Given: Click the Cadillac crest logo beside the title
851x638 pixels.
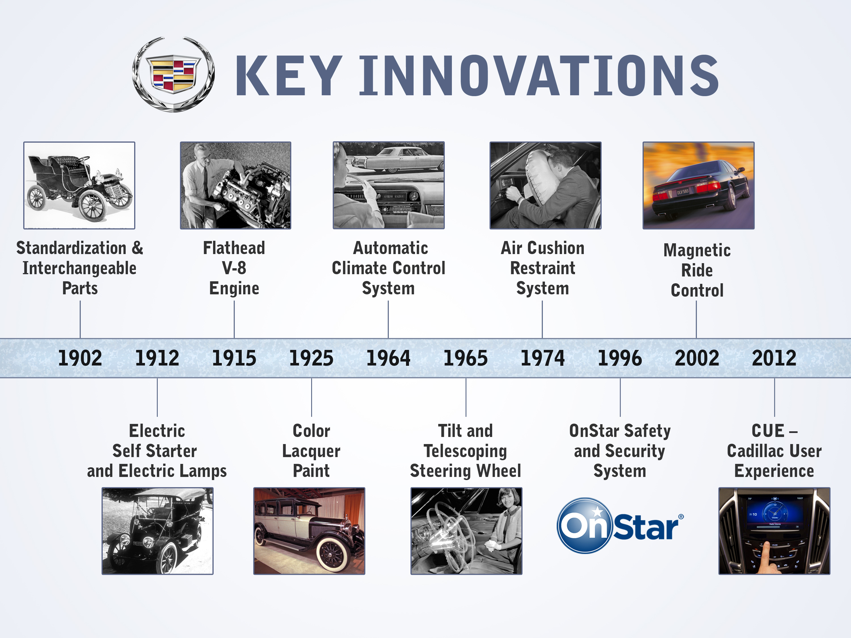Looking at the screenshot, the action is point(174,74).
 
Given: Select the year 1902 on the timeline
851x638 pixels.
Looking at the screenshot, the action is point(80,358).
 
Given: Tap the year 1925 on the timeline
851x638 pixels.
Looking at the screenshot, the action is point(311,358).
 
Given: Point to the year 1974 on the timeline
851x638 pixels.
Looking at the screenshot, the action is point(542,358).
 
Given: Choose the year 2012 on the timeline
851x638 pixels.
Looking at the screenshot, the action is point(774,358).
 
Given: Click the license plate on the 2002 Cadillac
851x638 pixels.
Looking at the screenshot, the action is point(683,191).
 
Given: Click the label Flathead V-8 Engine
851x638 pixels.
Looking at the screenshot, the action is point(234,268).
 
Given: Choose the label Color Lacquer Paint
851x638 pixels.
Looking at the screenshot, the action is point(311,451).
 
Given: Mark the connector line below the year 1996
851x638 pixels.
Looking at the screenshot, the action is point(620,397).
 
